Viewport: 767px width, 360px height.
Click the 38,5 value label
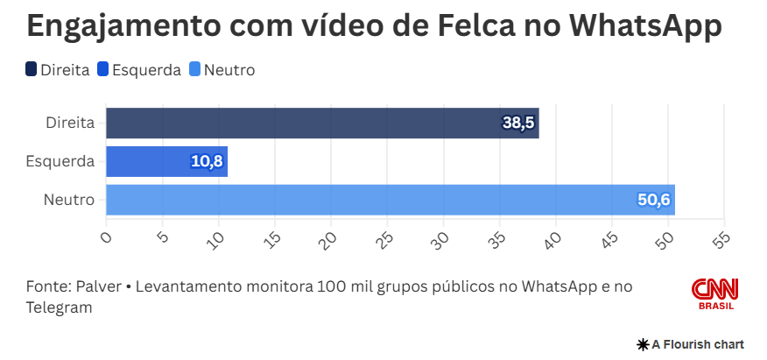(x=518, y=124)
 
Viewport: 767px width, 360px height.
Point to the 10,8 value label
(x=207, y=162)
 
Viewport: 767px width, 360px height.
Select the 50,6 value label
(x=653, y=201)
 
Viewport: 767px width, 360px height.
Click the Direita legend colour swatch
(x=32, y=70)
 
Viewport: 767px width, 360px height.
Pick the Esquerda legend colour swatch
(x=104, y=70)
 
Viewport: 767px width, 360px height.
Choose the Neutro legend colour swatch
(x=195, y=70)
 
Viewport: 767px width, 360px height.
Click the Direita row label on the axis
(x=70, y=124)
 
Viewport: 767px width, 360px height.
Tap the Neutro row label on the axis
(x=69, y=201)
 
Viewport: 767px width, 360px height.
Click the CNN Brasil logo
(x=715, y=293)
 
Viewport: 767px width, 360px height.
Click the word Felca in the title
(x=475, y=26)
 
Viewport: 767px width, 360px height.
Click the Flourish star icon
(x=643, y=344)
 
